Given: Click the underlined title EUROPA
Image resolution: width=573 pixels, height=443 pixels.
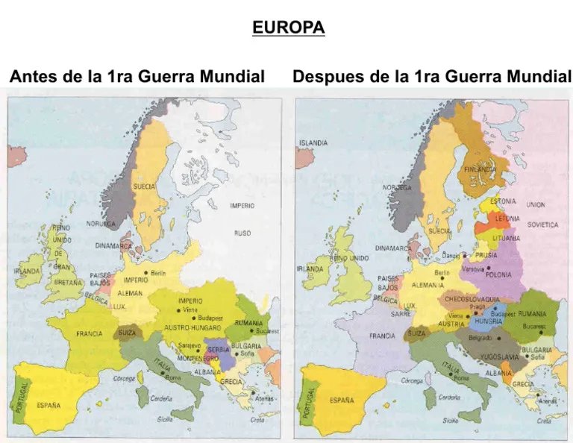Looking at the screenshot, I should (x=289, y=28).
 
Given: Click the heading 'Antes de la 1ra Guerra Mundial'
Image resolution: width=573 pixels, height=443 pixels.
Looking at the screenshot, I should (x=137, y=77).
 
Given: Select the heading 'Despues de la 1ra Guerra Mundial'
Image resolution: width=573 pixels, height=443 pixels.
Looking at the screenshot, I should (x=432, y=77).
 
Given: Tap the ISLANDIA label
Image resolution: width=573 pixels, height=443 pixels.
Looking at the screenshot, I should (x=313, y=142).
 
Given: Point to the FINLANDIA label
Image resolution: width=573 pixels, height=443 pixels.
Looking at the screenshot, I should (x=481, y=169).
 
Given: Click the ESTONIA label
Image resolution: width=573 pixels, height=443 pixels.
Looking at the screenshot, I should (x=504, y=201).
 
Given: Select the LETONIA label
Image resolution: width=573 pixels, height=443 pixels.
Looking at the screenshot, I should (x=507, y=219).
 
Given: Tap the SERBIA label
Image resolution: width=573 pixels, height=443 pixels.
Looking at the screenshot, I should (x=219, y=350).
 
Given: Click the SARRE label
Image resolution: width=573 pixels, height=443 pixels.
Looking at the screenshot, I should (x=401, y=315).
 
